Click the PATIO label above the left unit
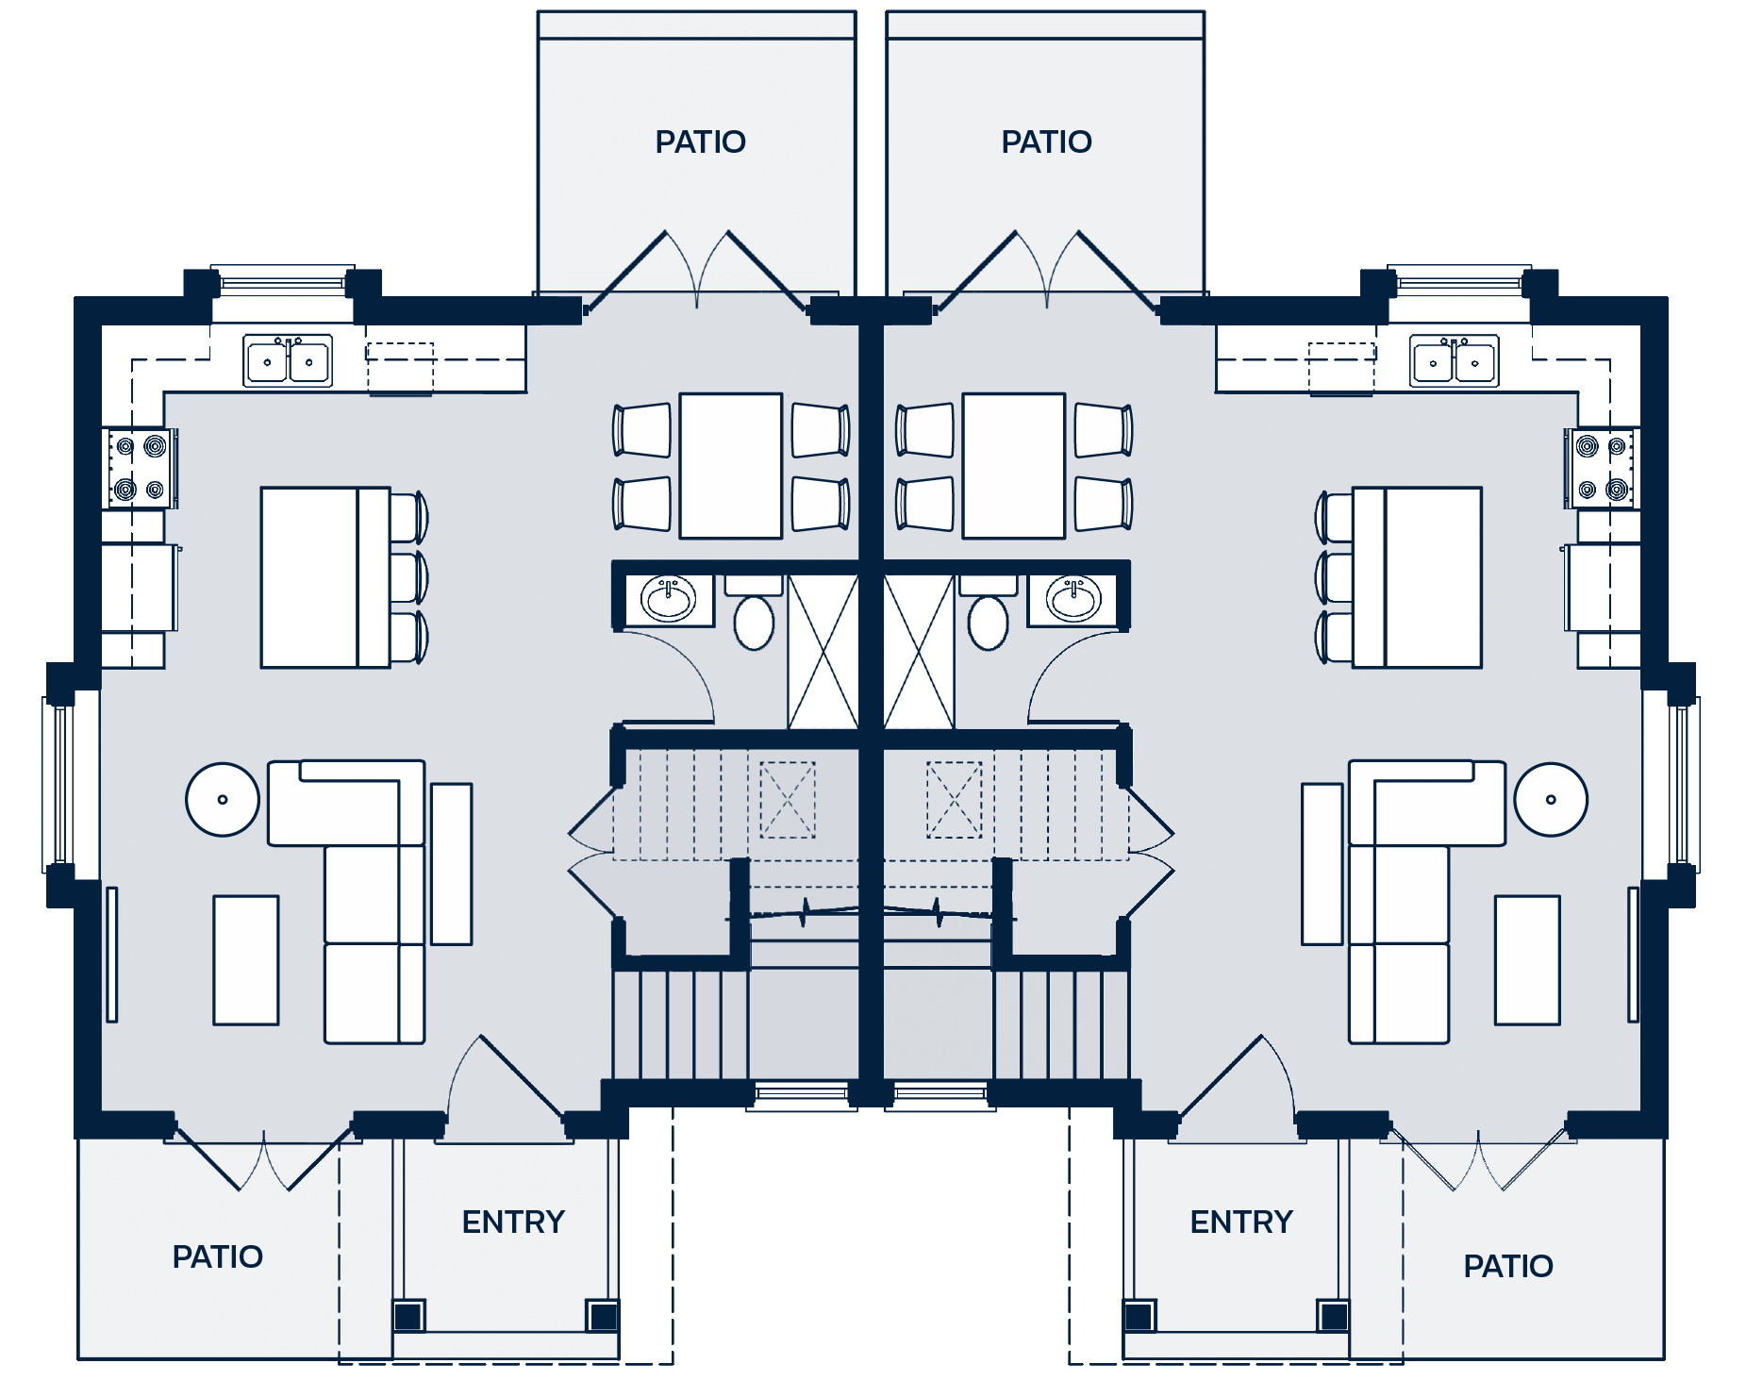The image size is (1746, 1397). tap(700, 142)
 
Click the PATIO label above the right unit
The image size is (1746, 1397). tap(1046, 142)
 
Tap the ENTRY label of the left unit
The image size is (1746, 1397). tap(513, 1222)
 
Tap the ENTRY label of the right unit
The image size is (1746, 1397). tap(1241, 1222)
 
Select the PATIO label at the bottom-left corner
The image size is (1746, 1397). tap(217, 1257)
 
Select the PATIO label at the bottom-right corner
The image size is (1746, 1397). tap(1507, 1267)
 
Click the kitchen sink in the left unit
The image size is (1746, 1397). tap(288, 360)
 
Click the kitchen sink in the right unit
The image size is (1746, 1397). tap(1454, 361)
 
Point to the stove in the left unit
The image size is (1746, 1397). tap(141, 468)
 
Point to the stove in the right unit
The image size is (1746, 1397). tap(1602, 468)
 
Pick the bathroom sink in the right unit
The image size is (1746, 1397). tap(1073, 598)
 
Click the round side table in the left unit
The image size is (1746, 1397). tap(223, 800)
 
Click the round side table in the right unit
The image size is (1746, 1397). tap(1551, 800)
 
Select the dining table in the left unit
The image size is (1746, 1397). tap(731, 466)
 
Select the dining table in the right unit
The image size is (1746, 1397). tap(1014, 466)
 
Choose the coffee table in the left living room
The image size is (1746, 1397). tap(246, 959)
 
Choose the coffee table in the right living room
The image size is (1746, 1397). tap(1527, 959)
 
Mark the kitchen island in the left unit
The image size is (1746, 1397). tap(324, 577)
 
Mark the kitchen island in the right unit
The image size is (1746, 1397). tap(1418, 577)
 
